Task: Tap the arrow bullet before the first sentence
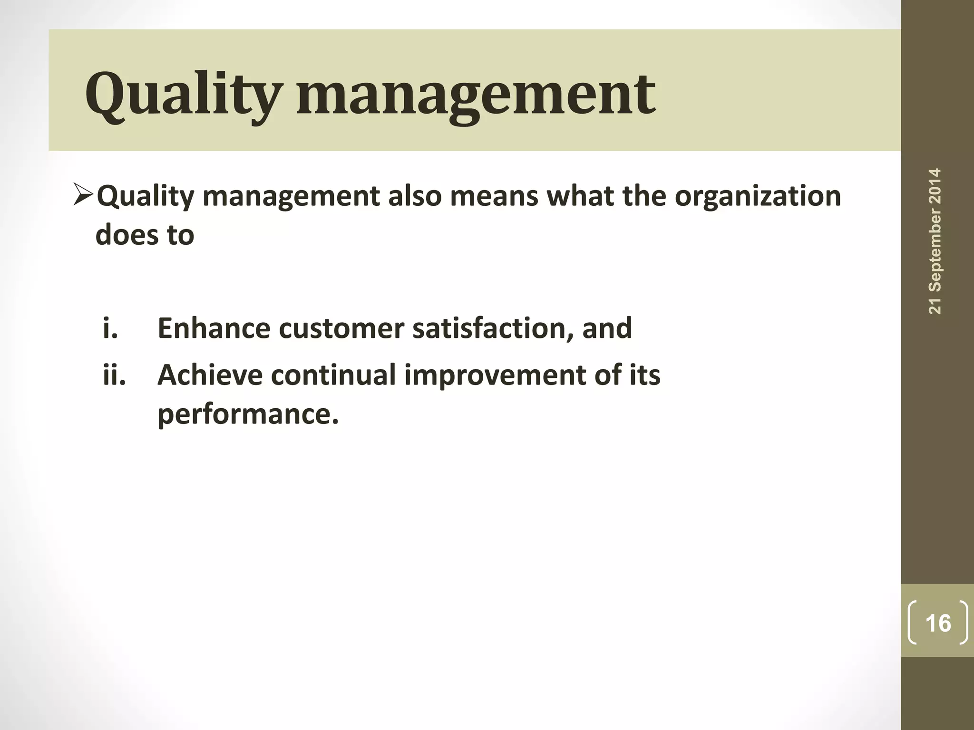pyautogui.click(x=84, y=195)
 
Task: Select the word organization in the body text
pyautogui.click(x=758, y=196)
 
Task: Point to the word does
pyautogui.click(x=127, y=235)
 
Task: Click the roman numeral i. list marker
pyautogui.click(x=110, y=328)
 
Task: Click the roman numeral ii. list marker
pyautogui.click(x=115, y=375)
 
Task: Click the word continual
pyautogui.click(x=333, y=375)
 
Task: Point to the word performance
pyautogui.click(x=248, y=414)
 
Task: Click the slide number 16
pyautogui.click(x=938, y=623)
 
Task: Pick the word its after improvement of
pyautogui.click(x=645, y=375)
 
